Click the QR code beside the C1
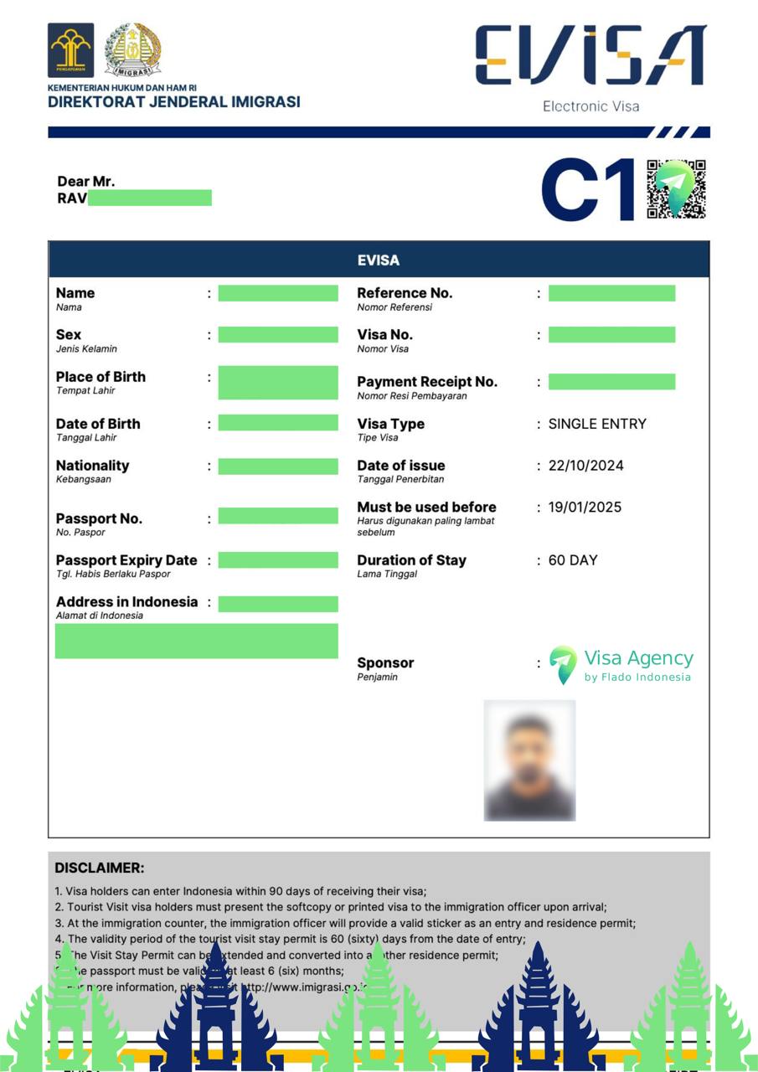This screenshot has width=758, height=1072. [676, 189]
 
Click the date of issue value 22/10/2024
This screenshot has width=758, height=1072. [585, 466]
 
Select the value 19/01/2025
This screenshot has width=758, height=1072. [585, 508]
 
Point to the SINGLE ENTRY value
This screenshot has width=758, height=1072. [597, 424]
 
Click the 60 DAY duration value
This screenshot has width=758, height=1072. [573, 560]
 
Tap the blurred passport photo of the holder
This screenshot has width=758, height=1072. [529, 760]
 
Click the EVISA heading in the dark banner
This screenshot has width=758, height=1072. [379, 260]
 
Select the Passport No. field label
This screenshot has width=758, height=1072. [99, 518]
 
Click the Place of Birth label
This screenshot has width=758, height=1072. [101, 377]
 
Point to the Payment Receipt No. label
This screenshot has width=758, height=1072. [427, 382]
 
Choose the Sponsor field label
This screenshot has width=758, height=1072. [385, 662]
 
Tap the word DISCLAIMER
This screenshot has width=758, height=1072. [100, 868]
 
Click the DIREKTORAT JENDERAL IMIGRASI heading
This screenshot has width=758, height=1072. [173, 102]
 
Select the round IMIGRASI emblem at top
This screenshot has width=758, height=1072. [133, 50]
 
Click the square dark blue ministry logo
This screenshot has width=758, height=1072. [70, 50]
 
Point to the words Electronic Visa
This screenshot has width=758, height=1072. [590, 106]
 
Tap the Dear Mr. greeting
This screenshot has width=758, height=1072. [85, 182]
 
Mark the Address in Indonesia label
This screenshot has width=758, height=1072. [126, 602]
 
